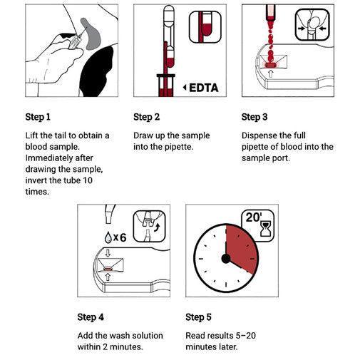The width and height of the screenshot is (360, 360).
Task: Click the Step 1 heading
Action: (38, 117)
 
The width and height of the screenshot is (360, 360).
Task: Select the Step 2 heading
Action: (146, 117)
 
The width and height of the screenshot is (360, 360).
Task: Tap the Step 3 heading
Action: (254, 117)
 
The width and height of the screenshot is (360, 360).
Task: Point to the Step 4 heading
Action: (91, 317)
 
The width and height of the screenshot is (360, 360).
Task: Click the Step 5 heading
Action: (198, 317)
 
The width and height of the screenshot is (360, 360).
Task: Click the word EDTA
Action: (204, 88)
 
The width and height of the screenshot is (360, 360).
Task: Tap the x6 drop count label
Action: (120, 237)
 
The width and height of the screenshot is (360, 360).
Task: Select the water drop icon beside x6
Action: (108, 237)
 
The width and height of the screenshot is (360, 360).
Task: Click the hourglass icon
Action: (266, 228)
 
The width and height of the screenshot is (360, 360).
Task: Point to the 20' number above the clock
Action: (253, 217)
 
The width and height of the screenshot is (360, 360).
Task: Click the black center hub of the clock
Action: (226, 259)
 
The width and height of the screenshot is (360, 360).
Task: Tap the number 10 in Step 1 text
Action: (88, 180)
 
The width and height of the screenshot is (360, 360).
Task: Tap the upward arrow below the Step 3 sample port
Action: (271, 73)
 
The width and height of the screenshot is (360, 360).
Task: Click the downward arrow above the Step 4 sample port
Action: (108, 253)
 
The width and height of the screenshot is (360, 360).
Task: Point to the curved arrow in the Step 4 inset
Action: (157, 227)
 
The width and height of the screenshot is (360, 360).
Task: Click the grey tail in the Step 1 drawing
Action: (91, 34)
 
